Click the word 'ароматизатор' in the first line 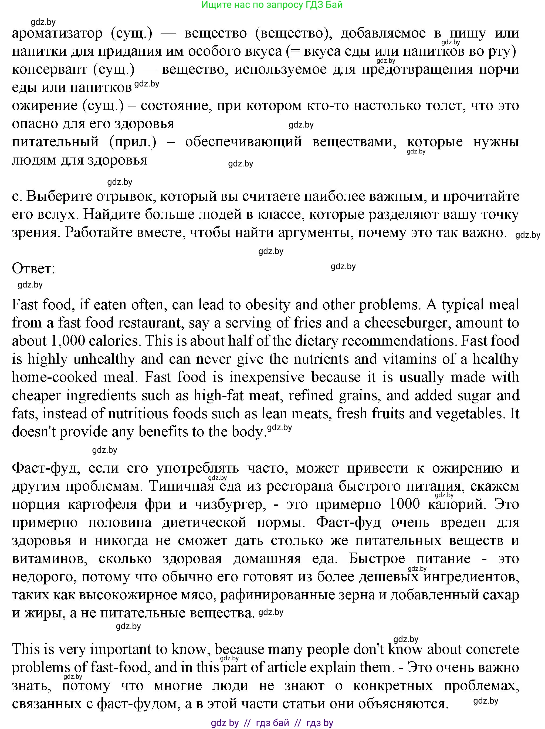click(57, 34)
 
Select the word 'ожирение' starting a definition click(45, 106)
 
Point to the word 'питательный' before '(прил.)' click(55, 142)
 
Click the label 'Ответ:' click(33, 269)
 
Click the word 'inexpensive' click(267, 377)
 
